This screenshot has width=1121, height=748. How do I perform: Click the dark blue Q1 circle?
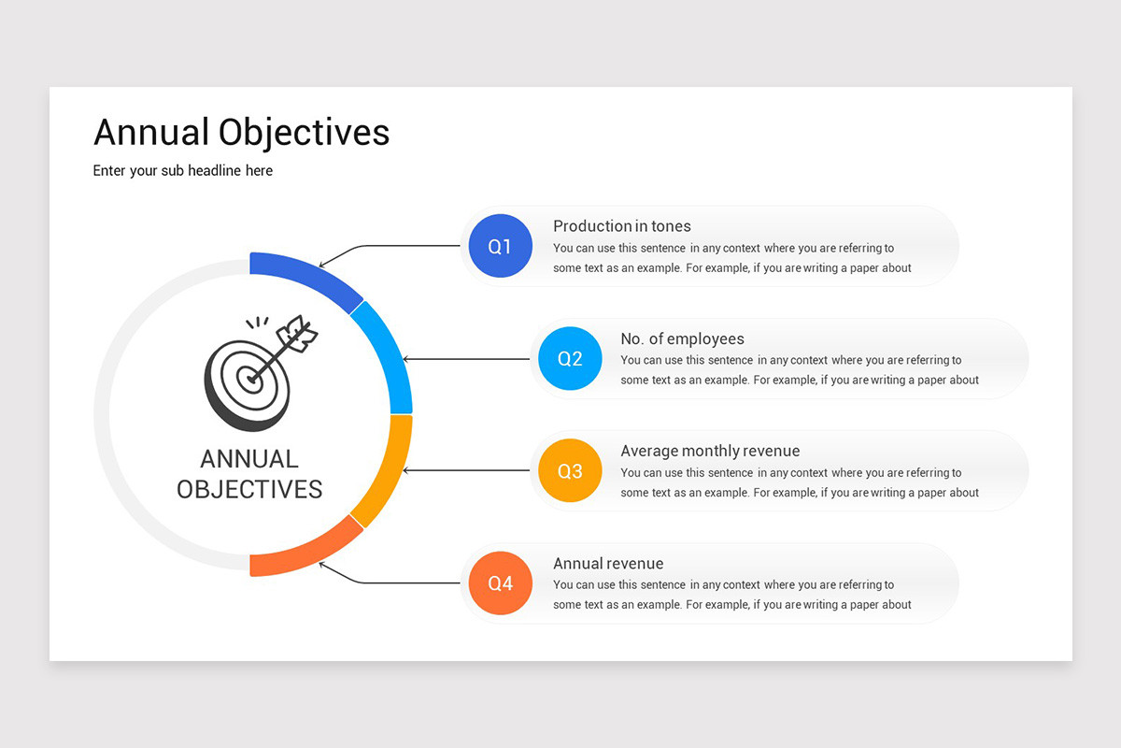point(501,247)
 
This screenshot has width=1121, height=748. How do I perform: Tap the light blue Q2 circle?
point(570,359)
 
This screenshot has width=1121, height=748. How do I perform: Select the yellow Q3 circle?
point(570,471)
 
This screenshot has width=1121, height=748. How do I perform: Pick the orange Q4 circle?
point(501,583)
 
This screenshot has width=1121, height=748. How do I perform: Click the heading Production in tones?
point(622,226)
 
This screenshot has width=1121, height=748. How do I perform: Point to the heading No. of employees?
point(682,338)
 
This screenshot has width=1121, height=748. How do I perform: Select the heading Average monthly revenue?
point(710,451)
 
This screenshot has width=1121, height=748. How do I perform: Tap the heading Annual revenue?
point(608,563)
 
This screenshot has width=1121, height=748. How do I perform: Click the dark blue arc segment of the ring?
point(308,274)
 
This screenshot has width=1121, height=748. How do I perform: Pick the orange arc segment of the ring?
point(308,555)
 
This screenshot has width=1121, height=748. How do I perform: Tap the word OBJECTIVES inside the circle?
point(249,489)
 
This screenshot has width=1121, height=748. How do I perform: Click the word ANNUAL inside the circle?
point(249,459)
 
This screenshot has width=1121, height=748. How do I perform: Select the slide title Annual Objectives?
point(241,133)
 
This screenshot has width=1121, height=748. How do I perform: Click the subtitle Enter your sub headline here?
point(183,170)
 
